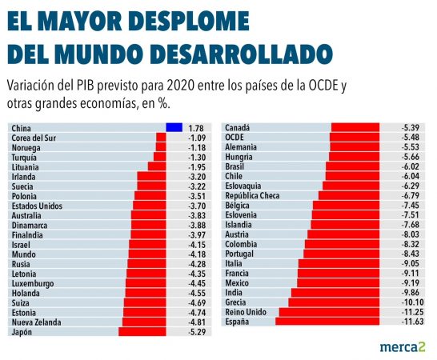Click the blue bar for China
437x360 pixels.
pyautogui.click(x=173, y=127)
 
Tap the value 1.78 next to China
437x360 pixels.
pyautogui.click(x=197, y=127)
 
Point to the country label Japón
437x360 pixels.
pyautogui.click(x=23, y=331)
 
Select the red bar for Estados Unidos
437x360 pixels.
pyautogui.click(x=149, y=205)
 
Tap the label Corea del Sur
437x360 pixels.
pyautogui.click(x=34, y=137)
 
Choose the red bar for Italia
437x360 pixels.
pyautogui.click(x=327, y=263)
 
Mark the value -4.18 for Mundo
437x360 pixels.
pyautogui.click(x=197, y=254)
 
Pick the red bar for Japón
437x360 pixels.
pyautogui.click(x=142, y=331)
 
